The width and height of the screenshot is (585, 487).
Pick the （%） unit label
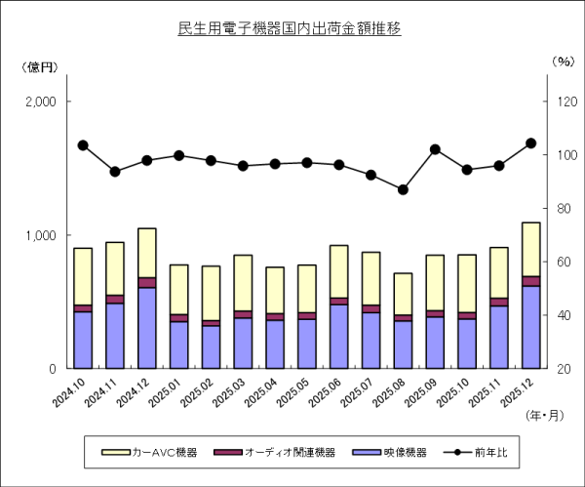[x=564, y=61]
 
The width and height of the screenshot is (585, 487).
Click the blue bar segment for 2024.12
[x=147, y=328]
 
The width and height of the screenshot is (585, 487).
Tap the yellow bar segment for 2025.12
[x=530, y=249]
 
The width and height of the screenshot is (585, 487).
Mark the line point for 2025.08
[x=403, y=189]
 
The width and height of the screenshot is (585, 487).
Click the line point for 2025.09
[x=435, y=149]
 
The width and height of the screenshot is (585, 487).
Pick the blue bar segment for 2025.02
[x=211, y=346]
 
